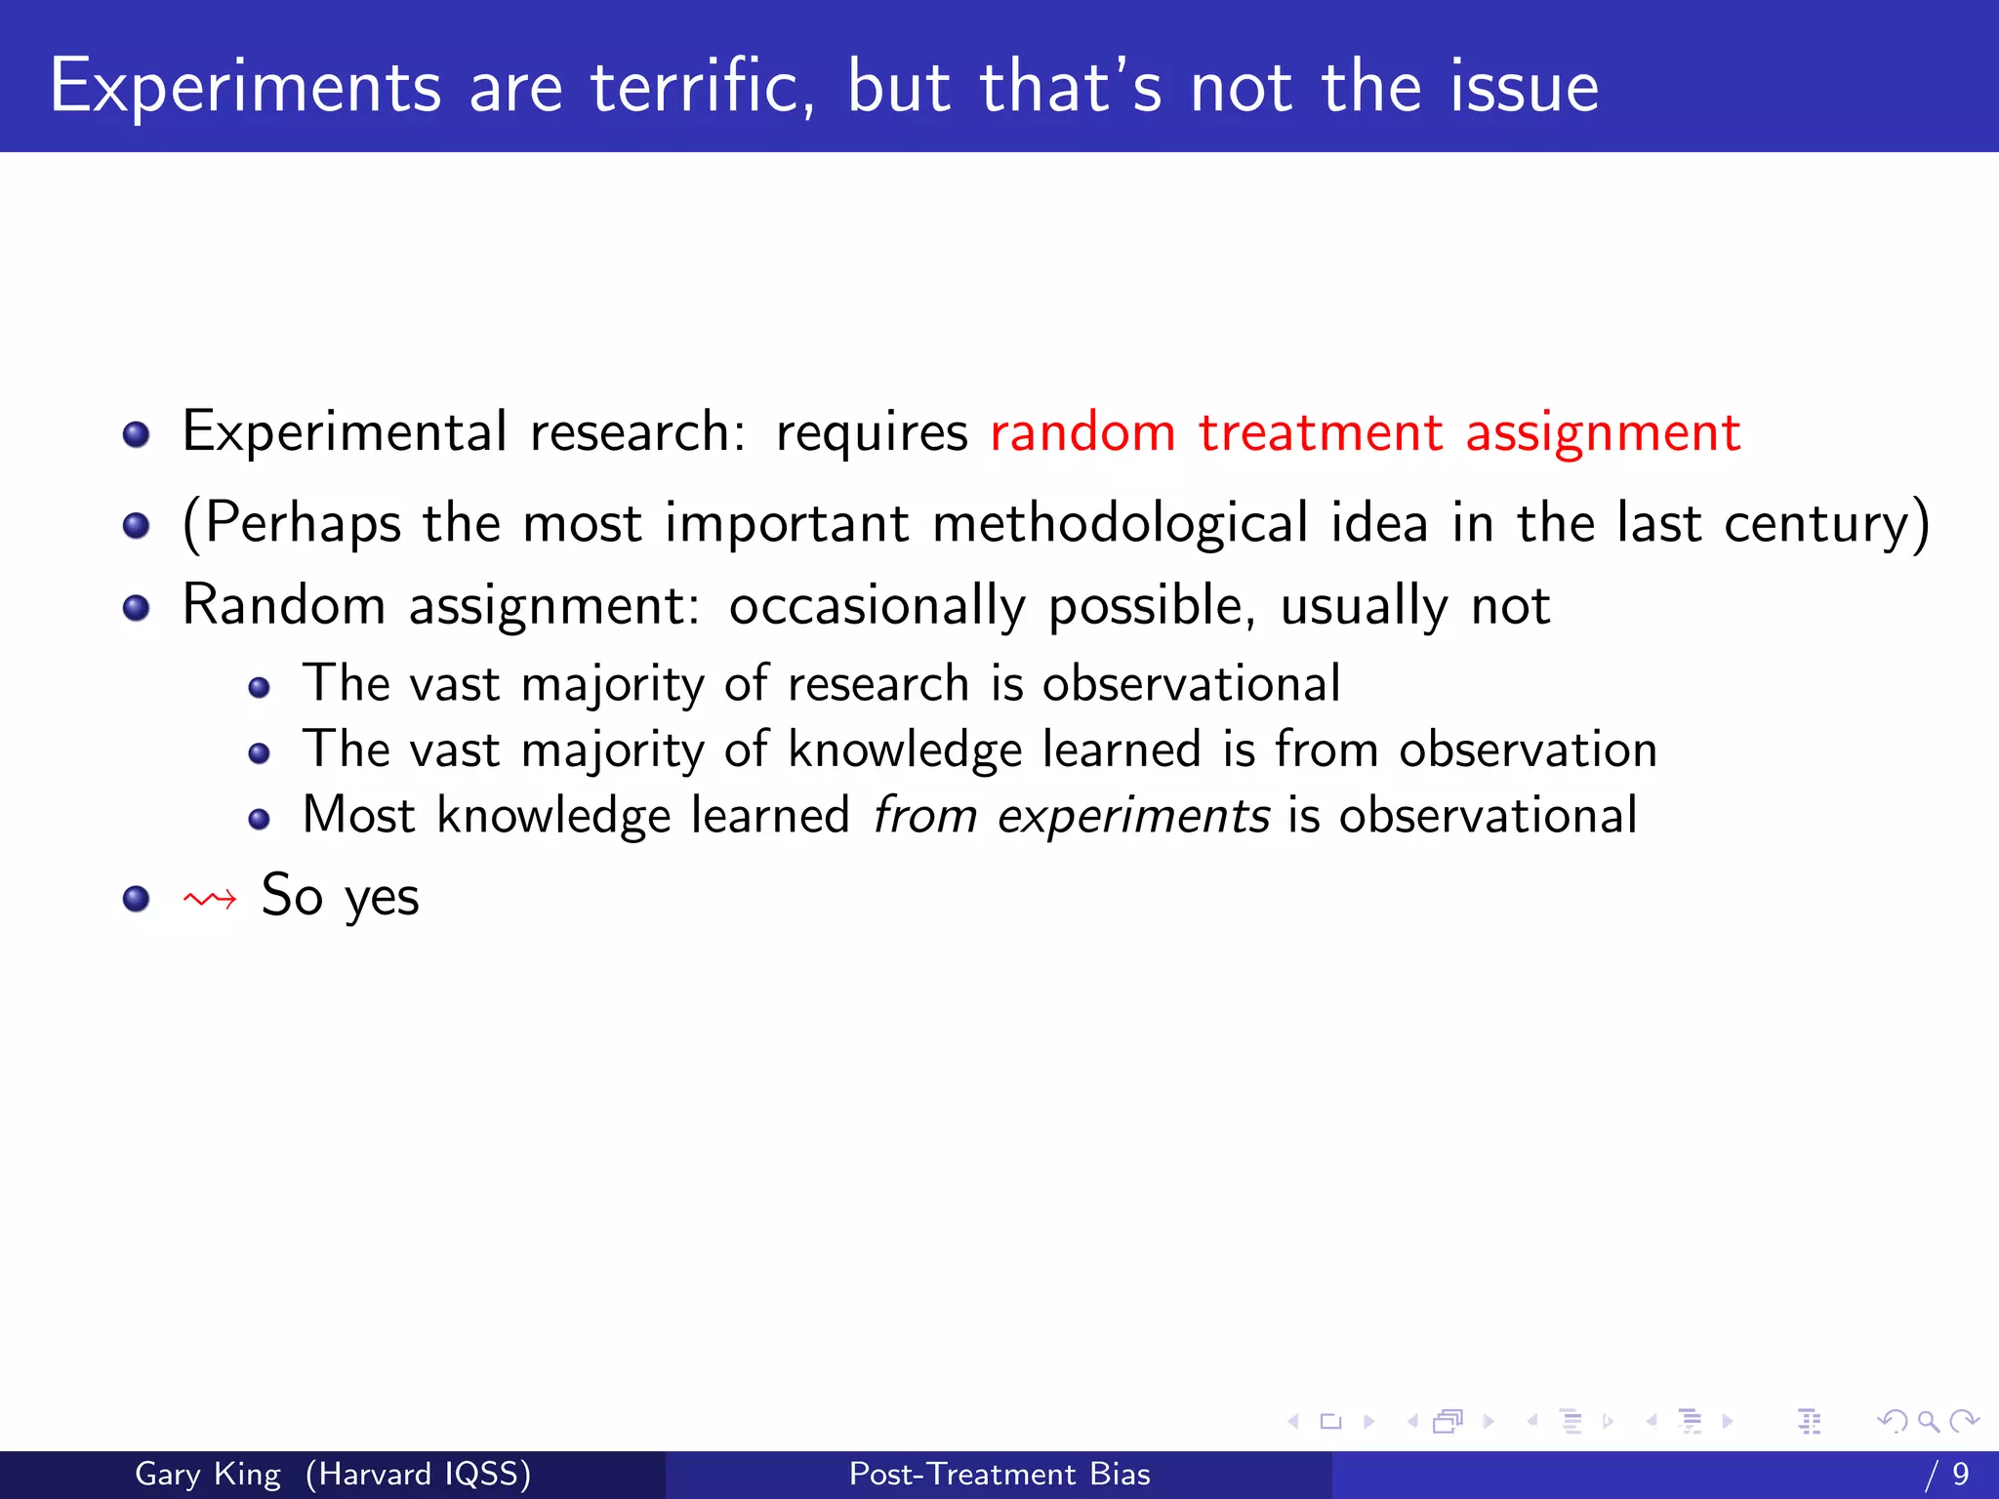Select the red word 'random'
[x=1082, y=432]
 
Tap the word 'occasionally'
[x=877, y=607]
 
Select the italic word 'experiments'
[x=1132, y=816]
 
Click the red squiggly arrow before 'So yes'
[x=210, y=899]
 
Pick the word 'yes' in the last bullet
[x=382, y=899]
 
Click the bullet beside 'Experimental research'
[x=136, y=434]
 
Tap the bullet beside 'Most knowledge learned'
[x=259, y=819]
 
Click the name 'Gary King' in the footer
[x=207, y=1474]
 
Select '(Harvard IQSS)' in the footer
[x=418, y=1474]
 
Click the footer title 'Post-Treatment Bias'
[x=999, y=1474]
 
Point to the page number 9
[x=1960, y=1474]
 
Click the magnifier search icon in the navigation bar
[x=1928, y=1421]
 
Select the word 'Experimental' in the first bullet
[x=345, y=432]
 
